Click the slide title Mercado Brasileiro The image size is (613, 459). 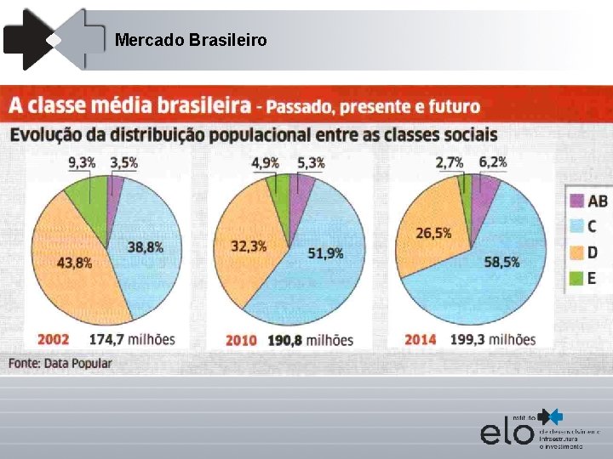pyautogui.click(x=191, y=40)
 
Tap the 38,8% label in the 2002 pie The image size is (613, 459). pyautogui.click(x=146, y=246)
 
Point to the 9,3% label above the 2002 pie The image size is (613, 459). pyautogui.click(x=83, y=161)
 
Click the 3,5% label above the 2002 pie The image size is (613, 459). pyautogui.click(x=124, y=161)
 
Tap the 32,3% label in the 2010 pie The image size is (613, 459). pyautogui.click(x=249, y=246)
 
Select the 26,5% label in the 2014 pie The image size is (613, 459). pyautogui.click(x=433, y=232)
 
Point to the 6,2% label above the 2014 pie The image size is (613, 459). pyautogui.click(x=492, y=161)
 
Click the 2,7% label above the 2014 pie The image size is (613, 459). pyautogui.click(x=450, y=161)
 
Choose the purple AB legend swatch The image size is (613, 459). pyautogui.click(x=576, y=201)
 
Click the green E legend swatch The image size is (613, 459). pyautogui.click(x=576, y=277)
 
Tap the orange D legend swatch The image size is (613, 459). pyautogui.click(x=576, y=252)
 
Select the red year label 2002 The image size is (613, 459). pyautogui.click(x=54, y=339)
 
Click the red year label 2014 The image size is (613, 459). pyautogui.click(x=421, y=339)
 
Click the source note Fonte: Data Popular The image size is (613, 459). pyautogui.click(x=60, y=363)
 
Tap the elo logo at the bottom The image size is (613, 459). pyautogui.click(x=508, y=431)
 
